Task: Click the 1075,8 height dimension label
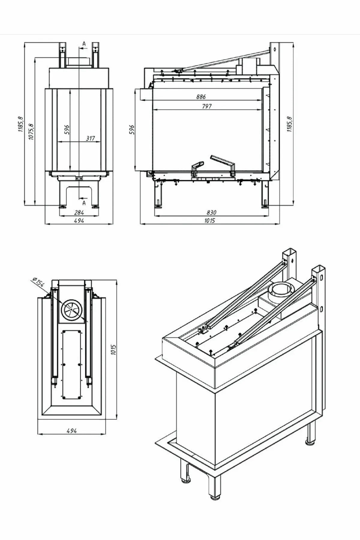click(x=31, y=131)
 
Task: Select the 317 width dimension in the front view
click(x=90, y=138)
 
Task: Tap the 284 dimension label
click(x=79, y=213)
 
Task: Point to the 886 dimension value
click(x=201, y=97)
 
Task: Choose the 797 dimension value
click(x=207, y=106)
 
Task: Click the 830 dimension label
click(x=211, y=212)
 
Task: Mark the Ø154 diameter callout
click(x=38, y=282)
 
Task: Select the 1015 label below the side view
click(x=210, y=221)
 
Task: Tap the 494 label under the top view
click(x=71, y=431)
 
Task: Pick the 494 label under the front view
click(x=79, y=221)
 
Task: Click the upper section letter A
click(x=84, y=44)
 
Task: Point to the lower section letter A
click(x=84, y=203)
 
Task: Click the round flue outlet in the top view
click(x=71, y=310)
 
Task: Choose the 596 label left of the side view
click(x=132, y=130)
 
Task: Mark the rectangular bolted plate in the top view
click(x=72, y=364)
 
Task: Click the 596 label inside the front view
click(x=67, y=130)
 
